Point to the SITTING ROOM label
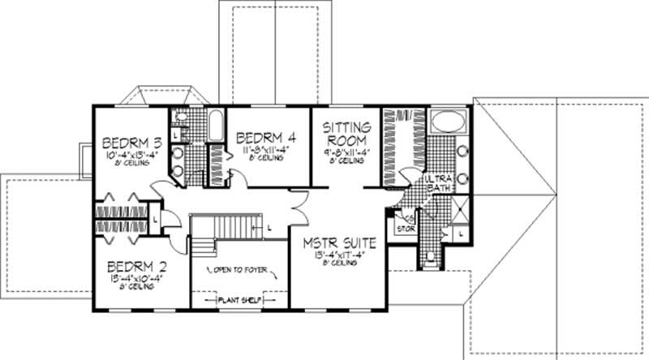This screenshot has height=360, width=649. pyautogui.click(x=347, y=133)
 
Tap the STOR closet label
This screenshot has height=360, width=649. pyautogui.click(x=403, y=229)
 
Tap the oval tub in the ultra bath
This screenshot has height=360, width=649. pyautogui.click(x=445, y=122)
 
